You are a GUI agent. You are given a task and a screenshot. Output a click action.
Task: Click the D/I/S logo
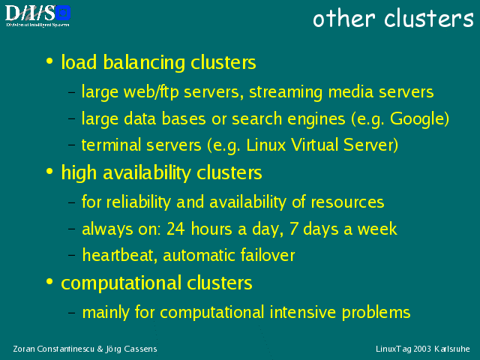point(37,16)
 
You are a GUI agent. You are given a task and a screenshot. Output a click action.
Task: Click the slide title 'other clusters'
point(393,18)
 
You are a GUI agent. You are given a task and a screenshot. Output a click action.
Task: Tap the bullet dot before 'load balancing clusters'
point(49,60)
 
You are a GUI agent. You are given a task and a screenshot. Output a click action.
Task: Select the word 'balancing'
point(144,62)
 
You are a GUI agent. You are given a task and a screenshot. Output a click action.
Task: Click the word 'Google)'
point(419,118)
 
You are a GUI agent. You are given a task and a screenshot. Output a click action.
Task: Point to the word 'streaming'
point(286,92)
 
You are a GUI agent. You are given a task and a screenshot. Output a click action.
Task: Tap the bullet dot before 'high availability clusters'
point(49,171)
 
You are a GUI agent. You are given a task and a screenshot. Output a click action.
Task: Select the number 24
point(175,229)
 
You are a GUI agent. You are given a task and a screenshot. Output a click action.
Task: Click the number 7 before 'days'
point(293,229)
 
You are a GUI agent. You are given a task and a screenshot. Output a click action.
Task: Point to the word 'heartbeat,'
point(120,255)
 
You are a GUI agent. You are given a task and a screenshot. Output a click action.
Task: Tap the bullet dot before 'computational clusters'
point(49,281)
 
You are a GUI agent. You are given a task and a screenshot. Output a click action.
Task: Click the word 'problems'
point(376,313)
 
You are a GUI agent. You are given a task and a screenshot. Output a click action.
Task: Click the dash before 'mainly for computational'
point(72,313)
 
